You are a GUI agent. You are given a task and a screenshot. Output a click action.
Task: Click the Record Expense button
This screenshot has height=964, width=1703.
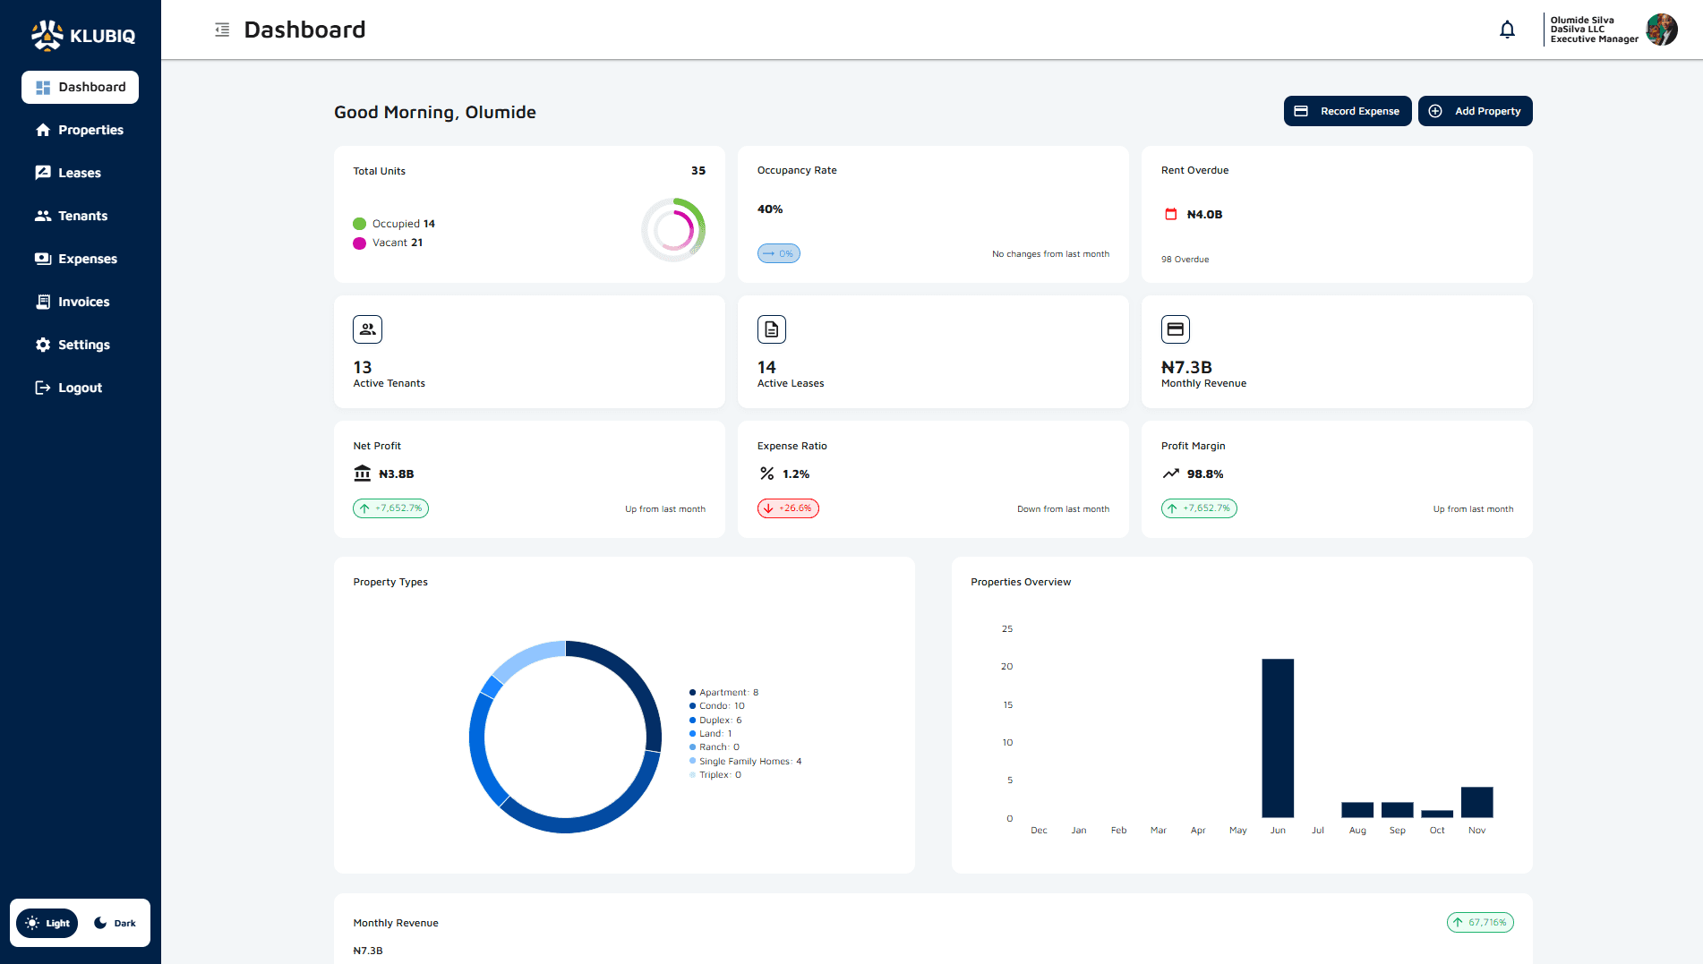[x=1347, y=111]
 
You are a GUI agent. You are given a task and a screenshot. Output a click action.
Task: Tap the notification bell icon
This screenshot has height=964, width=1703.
[x=1507, y=30]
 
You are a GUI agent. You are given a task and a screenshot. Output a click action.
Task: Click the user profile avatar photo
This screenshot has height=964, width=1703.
[x=1661, y=30]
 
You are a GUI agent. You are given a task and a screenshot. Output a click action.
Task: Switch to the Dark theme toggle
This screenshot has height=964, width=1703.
[x=116, y=923]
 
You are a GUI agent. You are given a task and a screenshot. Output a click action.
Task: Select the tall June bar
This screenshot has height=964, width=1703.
[x=1278, y=738]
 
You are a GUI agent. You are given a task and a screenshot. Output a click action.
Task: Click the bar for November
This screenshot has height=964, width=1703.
[x=1476, y=802]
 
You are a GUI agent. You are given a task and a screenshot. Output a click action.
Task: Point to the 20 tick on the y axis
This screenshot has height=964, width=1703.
[x=1007, y=666]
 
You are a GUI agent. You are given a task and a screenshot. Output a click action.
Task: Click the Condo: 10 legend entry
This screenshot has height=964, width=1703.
[x=721, y=706]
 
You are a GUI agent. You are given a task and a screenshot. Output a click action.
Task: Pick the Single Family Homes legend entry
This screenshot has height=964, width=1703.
[x=749, y=762]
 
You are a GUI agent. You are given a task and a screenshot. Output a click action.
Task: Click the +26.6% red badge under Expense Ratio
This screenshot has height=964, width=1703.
[x=788, y=508]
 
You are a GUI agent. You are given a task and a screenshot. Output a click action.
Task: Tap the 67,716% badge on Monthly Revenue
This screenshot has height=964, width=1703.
[x=1480, y=922]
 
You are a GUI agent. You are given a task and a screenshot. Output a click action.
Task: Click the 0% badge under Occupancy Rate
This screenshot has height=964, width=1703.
[x=779, y=253]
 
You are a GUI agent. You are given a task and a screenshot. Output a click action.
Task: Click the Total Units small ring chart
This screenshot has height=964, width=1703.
[x=673, y=230]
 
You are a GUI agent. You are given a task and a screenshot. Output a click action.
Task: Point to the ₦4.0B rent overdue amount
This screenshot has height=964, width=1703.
[x=1204, y=214]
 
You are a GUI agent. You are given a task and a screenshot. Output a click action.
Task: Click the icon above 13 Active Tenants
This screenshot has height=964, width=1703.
[x=367, y=329]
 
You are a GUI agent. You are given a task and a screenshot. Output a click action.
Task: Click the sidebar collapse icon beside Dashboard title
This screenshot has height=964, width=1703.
[x=222, y=30]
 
